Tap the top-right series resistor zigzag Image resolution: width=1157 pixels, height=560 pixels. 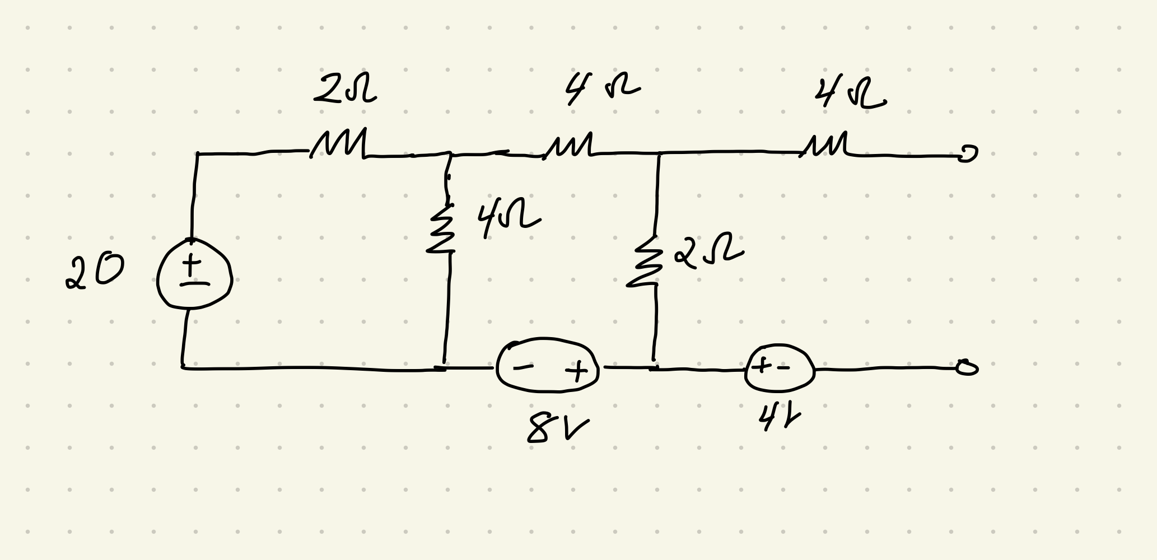[x=826, y=144]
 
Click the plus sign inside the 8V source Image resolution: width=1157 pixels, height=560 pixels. [x=576, y=371]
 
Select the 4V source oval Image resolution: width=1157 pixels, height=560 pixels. [x=779, y=368]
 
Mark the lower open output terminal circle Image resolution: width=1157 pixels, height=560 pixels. [x=967, y=367]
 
